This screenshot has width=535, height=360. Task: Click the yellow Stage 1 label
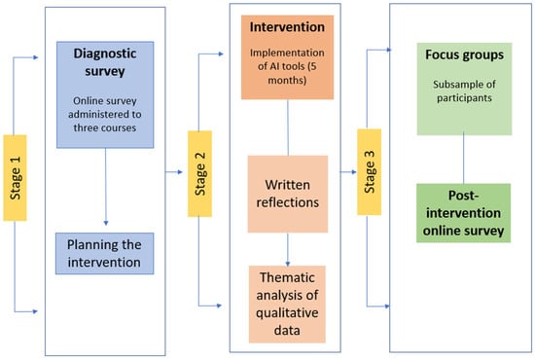[x=15, y=178]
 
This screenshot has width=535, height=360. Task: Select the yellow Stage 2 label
[x=199, y=174]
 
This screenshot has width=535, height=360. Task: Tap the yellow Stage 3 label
[x=370, y=172]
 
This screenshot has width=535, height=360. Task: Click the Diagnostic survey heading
[x=105, y=62]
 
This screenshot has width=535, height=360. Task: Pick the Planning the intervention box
[x=105, y=254]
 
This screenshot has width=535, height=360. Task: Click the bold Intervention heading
[x=287, y=27]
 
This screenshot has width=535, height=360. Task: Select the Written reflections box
[x=288, y=194]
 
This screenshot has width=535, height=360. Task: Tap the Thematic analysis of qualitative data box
[x=287, y=304]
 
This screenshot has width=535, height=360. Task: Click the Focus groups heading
[x=464, y=54]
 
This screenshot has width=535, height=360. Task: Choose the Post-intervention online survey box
[x=463, y=213]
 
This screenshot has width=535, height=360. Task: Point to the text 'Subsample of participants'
[x=464, y=91]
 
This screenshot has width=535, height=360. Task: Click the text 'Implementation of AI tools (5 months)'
[x=287, y=66]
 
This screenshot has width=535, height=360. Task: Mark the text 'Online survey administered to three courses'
[x=105, y=114]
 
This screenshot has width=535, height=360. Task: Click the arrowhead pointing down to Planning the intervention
[x=106, y=223]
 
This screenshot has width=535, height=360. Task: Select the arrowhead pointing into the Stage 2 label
[x=180, y=172]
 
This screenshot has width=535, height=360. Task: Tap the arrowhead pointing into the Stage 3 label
[x=354, y=172]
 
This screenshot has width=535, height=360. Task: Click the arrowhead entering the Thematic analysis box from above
[x=288, y=264]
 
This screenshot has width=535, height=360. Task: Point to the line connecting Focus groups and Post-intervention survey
[x=463, y=159]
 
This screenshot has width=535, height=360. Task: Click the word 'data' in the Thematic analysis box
[x=287, y=330]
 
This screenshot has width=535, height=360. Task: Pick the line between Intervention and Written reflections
[x=288, y=127]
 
